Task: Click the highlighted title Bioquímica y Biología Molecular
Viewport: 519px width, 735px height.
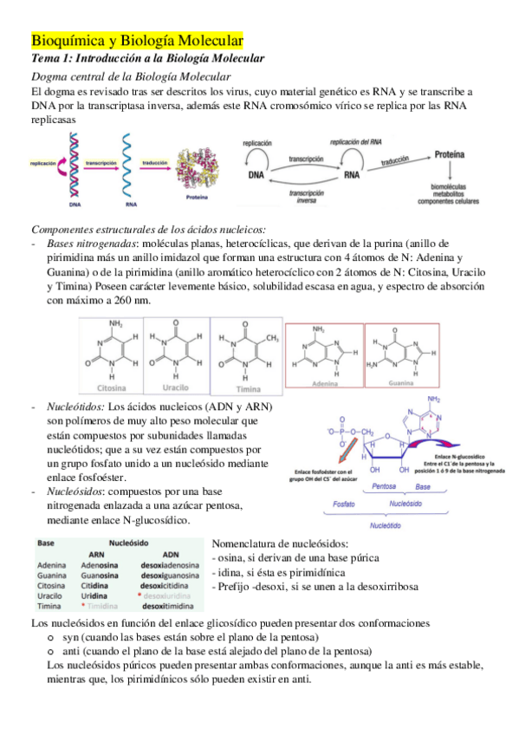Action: [137, 41]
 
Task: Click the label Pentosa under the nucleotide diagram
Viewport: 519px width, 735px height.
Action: [384, 486]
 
